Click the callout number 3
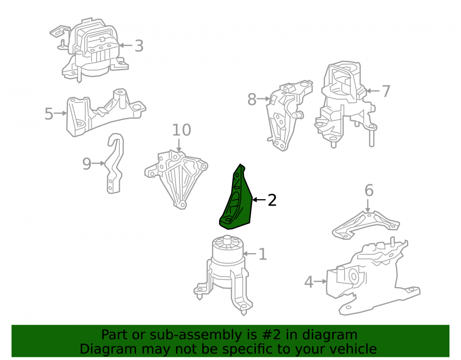[x=139, y=46]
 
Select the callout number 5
[x=49, y=113]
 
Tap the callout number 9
[x=87, y=164]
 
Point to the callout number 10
[x=181, y=130]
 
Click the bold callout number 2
[x=272, y=200]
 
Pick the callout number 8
[x=252, y=99]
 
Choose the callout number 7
[x=386, y=91]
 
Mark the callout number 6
[x=369, y=190]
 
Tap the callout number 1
[x=263, y=254]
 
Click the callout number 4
[x=309, y=282]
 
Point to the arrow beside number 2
[x=259, y=200]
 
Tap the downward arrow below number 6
[x=367, y=206]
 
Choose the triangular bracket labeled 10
[x=177, y=179]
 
